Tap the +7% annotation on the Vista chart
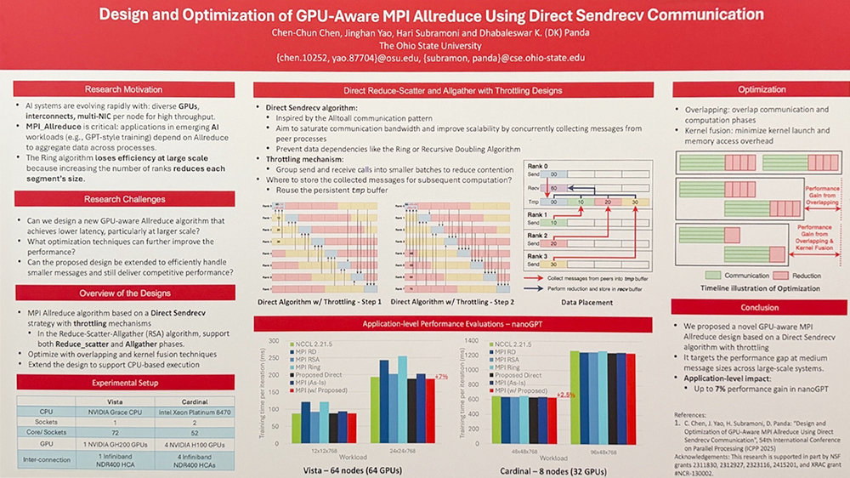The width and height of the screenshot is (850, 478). (x=440, y=375)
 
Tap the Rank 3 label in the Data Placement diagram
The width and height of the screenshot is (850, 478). (x=538, y=255)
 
